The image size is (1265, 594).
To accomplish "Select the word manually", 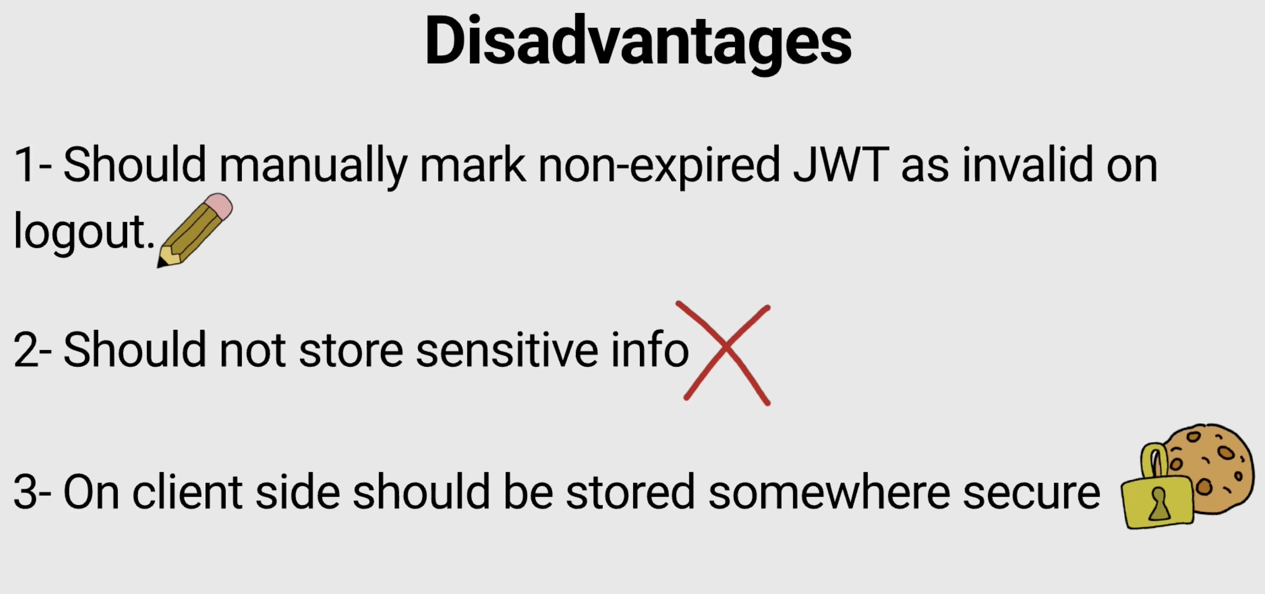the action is point(313,166).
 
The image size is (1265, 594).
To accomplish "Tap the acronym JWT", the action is point(841,164).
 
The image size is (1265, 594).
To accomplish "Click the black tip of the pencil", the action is point(161,264).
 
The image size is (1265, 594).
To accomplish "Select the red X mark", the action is point(725,353).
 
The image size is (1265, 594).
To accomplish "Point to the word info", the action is point(650,349).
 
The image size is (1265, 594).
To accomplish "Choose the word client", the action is point(187,491).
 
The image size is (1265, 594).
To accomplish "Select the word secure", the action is point(1032,493).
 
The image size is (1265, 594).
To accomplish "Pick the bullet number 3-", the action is point(32,492).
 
